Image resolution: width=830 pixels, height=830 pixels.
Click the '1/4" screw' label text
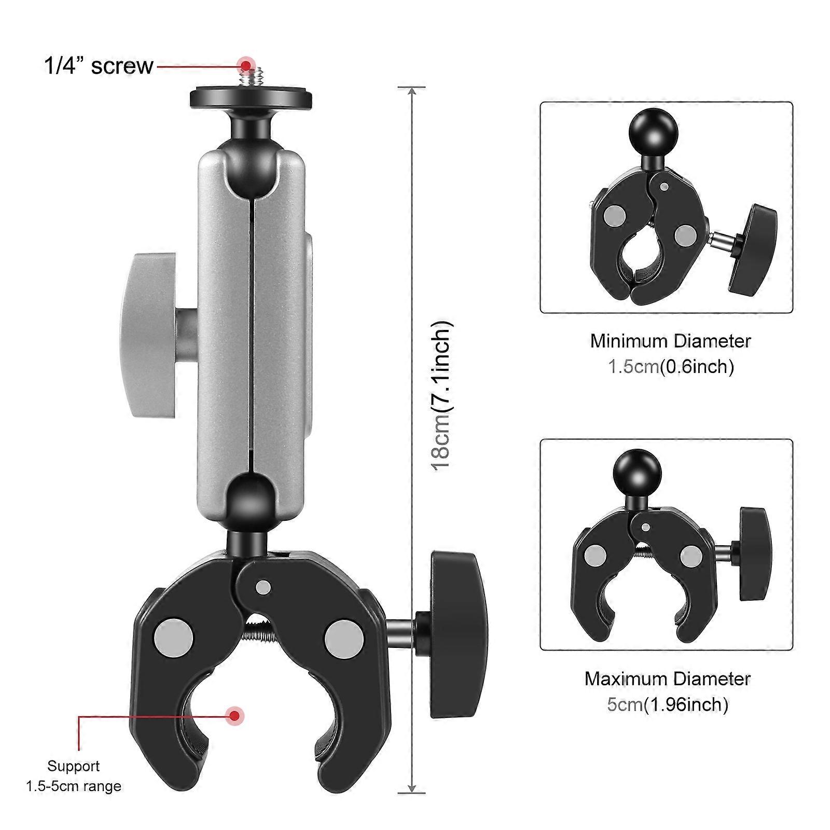pos(99,66)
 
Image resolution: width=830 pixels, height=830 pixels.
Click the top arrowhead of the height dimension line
pos(412,92)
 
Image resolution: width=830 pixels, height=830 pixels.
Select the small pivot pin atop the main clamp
pos(264,587)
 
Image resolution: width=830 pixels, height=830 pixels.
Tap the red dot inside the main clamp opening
pos(236,716)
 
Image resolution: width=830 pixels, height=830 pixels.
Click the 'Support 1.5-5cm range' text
pos(74,776)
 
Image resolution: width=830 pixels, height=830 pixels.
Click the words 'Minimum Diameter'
pos(670,341)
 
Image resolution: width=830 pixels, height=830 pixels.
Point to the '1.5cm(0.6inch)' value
pos(670,367)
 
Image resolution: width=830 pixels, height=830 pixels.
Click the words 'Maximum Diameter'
pos(668,679)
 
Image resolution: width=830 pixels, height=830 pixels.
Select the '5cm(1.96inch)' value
pos(668,704)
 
